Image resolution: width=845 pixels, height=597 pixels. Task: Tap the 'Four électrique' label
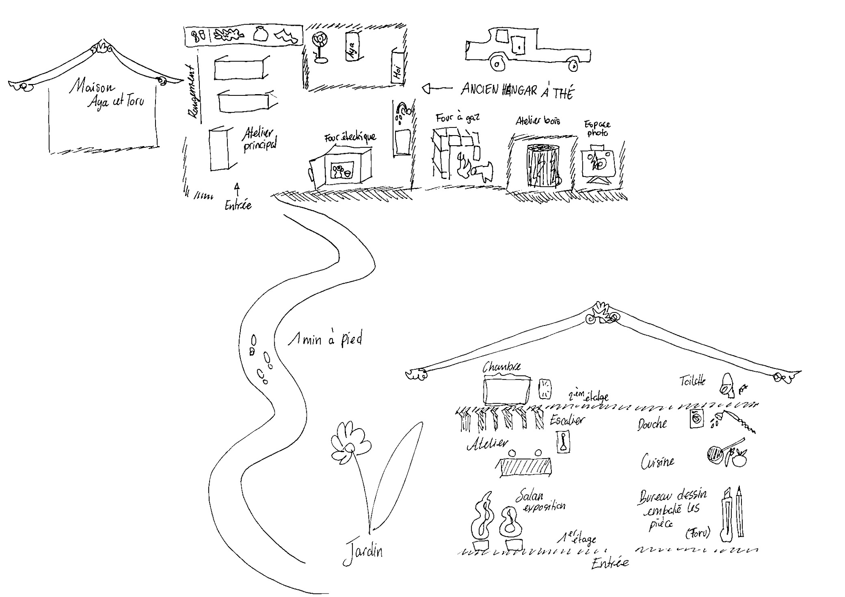(x=350, y=138)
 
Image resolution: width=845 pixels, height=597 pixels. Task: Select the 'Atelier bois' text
(x=538, y=121)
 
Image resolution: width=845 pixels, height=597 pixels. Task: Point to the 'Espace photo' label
(x=597, y=128)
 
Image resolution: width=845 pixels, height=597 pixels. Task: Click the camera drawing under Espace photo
(x=597, y=164)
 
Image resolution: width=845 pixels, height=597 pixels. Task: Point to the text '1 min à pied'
(x=325, y=339)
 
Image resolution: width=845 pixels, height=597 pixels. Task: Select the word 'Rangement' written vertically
(x=194, y=92)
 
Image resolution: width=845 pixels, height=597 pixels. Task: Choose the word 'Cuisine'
(x=657, y=462)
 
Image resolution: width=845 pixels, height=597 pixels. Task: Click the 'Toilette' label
(x=692, y=381)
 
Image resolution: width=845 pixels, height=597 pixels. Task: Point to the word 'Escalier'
(x=567, y=420)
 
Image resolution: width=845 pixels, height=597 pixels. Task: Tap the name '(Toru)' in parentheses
(x=698, y=533)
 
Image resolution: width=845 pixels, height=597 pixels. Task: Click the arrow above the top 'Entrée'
(x=237, y=187)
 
